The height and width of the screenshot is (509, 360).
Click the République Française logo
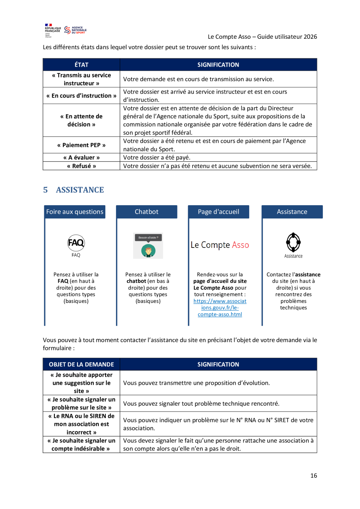(x=53, y=30)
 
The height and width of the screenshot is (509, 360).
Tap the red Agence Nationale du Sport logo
(x=75, y=30)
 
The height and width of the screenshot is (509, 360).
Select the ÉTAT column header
(x=81, y=65)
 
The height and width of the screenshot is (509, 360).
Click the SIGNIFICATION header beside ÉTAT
(x=218, y=65)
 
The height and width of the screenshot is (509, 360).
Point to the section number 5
(x=45, y=190)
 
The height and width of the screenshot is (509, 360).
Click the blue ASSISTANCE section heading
(x=80, y=190)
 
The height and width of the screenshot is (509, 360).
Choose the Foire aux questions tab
(x=75, y=212)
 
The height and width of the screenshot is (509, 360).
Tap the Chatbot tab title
(x=147, y=212)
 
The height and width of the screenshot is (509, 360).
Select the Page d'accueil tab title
(x=219, y=212)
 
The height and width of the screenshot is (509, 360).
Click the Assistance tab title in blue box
(x=292, y=212)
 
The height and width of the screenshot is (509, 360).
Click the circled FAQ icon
(x=76, y=243)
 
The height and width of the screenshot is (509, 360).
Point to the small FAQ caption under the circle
(x=76, y=255)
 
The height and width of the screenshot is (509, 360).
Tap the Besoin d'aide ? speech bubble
(x=148, y=237)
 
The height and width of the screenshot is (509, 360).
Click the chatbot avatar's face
(x=148, y=249)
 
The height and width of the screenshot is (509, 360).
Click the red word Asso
(x=241, y=245)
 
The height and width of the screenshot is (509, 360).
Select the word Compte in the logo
(x=215, y=245)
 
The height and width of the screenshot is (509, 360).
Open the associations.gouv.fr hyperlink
(x=220, y=308)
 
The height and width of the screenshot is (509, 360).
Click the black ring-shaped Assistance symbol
(x=293, y=242)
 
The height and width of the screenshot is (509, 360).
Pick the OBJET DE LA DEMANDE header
(x=81, y=364)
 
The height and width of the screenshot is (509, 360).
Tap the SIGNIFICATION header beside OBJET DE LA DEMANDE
(x=218, y=364)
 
